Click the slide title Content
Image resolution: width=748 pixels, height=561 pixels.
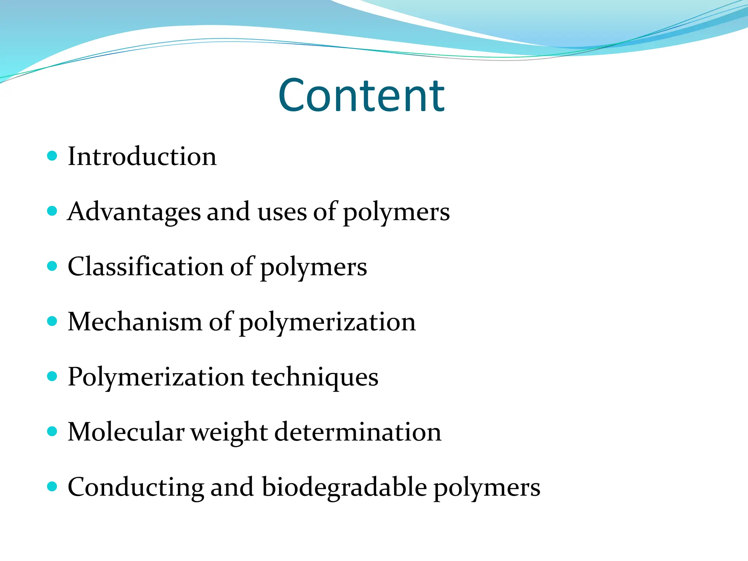361,95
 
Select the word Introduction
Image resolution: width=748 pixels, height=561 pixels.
142,156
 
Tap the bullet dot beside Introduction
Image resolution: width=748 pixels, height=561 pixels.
53,156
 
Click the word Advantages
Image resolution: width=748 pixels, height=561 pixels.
134,212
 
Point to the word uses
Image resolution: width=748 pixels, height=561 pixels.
282,212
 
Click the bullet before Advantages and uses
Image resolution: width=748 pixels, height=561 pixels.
53,211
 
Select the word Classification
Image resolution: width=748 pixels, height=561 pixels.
145,266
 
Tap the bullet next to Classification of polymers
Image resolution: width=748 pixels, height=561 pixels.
53,266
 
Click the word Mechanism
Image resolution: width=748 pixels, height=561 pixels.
135,322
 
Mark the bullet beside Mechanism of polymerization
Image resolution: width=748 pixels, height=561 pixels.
53,321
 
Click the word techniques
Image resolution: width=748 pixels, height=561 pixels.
315,377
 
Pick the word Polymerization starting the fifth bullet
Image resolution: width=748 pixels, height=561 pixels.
156,377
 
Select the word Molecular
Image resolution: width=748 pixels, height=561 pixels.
126,432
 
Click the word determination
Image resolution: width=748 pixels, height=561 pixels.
358,432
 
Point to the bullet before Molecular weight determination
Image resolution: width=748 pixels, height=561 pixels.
53,432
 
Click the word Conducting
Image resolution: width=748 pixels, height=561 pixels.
136,488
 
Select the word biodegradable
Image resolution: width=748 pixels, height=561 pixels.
344,488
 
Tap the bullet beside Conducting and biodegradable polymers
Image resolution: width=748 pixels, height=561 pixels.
53,487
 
